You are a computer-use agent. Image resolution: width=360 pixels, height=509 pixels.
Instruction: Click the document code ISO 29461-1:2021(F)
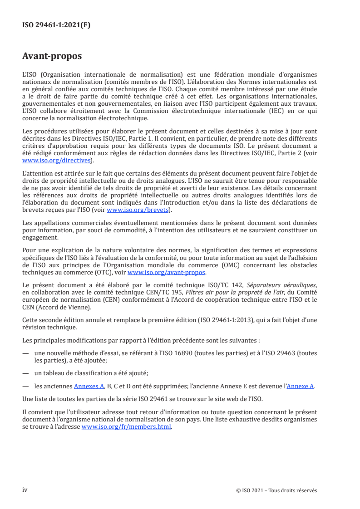(x=56, y=25)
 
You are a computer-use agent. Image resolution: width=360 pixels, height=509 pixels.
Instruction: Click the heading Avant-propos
(x=52, y=56)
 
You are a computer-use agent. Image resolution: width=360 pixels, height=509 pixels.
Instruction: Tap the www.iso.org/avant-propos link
(x=167, y=272)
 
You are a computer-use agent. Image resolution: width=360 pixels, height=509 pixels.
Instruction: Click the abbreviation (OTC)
(x=99, y=272)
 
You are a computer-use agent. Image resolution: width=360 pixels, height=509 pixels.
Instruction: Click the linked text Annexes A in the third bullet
(x=86, y=386)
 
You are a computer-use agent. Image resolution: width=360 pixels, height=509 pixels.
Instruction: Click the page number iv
(x=25, y=489)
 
